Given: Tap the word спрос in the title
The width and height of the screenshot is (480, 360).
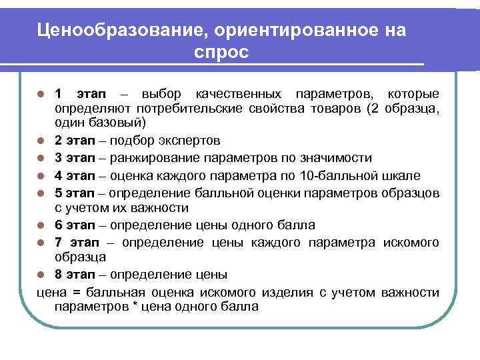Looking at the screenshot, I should pos(222,53).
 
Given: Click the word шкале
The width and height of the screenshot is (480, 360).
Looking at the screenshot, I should pos(402,175).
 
